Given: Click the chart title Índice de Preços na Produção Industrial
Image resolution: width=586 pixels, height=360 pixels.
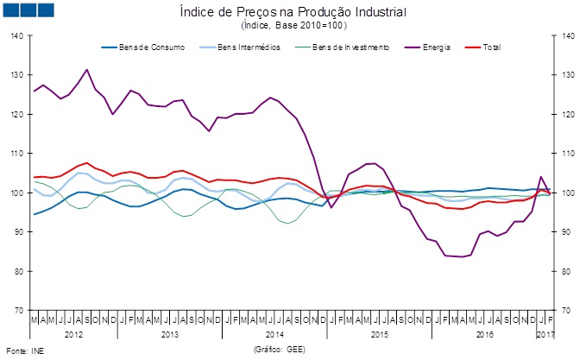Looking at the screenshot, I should (x=292, y=13).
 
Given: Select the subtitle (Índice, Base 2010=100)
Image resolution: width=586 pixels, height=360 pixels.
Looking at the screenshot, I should (x=292, y=26).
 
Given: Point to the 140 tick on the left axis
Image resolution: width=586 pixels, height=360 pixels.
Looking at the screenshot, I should (x=18, y=36).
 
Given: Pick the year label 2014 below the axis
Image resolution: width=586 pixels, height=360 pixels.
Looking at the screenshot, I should (x=275, y=333).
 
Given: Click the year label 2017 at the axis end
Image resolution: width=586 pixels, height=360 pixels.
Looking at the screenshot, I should (x=545, y=333).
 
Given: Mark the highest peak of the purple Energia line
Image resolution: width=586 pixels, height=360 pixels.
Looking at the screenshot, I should (x=86, y=70).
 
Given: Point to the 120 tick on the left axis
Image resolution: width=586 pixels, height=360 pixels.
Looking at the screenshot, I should (x=18, y=115).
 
